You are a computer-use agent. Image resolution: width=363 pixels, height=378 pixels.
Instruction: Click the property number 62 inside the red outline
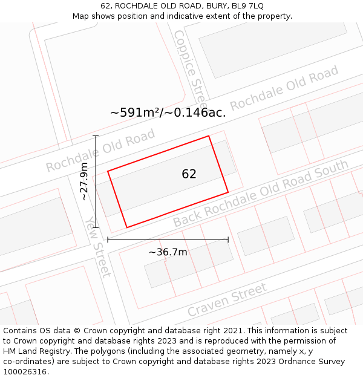point(189,174)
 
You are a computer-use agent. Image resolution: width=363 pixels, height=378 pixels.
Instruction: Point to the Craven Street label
point(227,299)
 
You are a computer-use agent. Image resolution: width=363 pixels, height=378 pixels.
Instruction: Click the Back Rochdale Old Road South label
point(261,193)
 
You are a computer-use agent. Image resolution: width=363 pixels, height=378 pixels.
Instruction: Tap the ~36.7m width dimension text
point(168,252)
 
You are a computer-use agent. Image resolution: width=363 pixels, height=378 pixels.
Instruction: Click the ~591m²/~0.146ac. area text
point(168,112)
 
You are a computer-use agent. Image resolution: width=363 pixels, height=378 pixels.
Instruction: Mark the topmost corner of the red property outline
point(209,135)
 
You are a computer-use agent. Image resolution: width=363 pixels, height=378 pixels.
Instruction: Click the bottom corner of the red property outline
point(126,227)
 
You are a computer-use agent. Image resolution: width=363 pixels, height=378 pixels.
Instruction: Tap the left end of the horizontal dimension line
point(108,240)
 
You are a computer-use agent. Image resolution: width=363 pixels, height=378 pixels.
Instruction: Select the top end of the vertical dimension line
point(96,136)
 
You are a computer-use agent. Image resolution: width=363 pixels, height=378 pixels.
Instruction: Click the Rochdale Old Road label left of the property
point(100,151)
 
